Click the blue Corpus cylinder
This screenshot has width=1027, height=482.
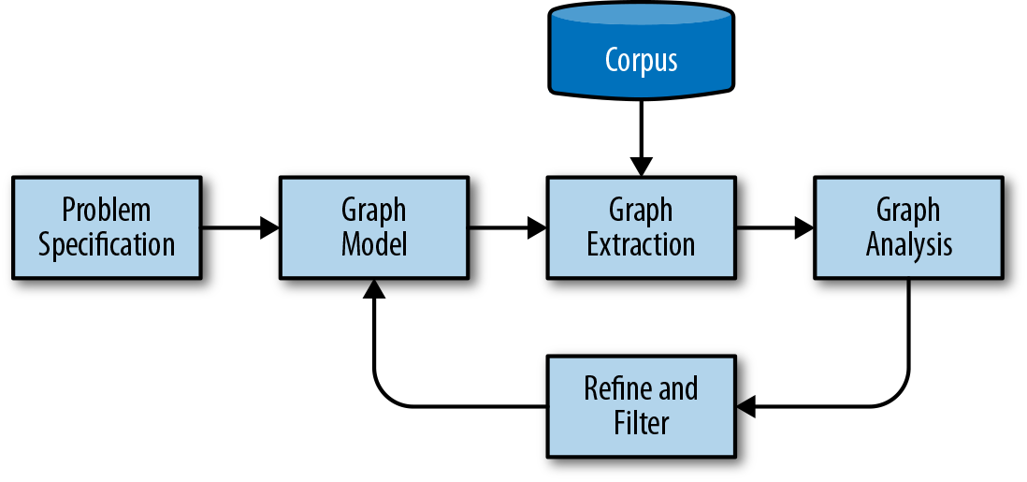pyautogui.click(x=641, y=51)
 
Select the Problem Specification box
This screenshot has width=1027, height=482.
pyautogui.click(x=107, y=226)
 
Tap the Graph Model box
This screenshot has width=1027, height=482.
pyautogui.click(x=373, y=226)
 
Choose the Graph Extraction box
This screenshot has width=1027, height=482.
pyautogui.click(x=641, y=226)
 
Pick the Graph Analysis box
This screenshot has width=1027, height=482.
pyautogui.click(x=908, y=226)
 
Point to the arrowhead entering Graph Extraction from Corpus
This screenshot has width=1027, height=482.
pyautogui.click(x=641, y=168)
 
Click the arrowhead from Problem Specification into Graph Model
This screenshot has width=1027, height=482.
pyautogui.click(x=270, y=226)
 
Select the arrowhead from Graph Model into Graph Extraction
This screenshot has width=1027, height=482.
pyautogui.click(x=538, y=226)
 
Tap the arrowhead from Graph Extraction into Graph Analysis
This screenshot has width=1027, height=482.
pyautogui.click(x=804, y=226)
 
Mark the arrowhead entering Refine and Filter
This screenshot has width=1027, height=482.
pyautogui.click(x=746, y=406)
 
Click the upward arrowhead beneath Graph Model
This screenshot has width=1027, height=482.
pyautogui.click(x=373, y=289)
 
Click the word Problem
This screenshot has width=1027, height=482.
pyautogui.click(x=107, y=210)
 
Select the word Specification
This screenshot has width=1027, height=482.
pyautogui.click(x=107, y=245)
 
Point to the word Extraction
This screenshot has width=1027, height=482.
pyautogui.click(x=641, y=245)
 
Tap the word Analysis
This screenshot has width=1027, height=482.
pyautogui.click(x=908, y=245)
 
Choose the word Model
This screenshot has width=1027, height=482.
pyautogui.click(x=373, y=245)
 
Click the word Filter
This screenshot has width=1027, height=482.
pyautogui.click(x=641, y=423)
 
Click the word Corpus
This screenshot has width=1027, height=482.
pyautogui.click(x=641, y=60)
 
